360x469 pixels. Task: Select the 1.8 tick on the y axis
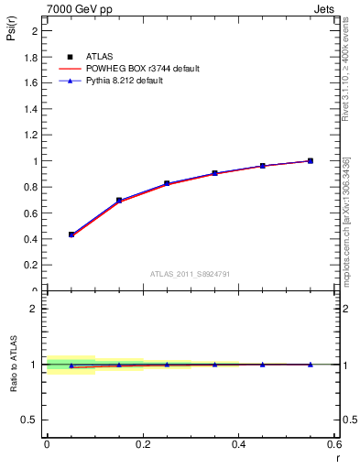(x=32, y=57)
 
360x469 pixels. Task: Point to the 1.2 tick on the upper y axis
(x=32, y=135)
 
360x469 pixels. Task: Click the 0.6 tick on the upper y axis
(x=32, y=213)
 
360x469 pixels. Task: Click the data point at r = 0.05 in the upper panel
(x=71, y=234)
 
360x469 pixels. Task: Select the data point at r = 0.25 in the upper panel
(x=167, y=183)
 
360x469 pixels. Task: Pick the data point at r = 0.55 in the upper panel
(x=311, y=160)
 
